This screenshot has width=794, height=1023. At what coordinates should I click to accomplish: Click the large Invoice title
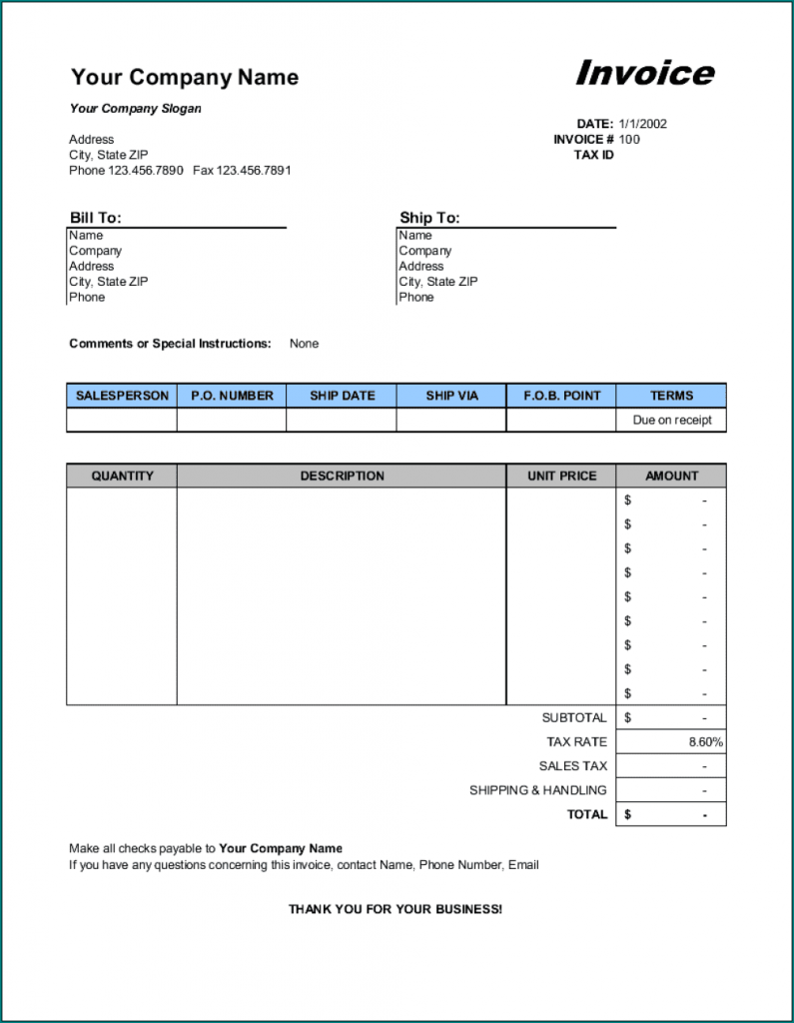coord(644,73)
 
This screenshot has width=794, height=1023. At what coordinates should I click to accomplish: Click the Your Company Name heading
coord(185,77)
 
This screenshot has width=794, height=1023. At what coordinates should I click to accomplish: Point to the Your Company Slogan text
coord(135,108)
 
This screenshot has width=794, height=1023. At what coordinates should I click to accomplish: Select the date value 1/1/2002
coord(642,124)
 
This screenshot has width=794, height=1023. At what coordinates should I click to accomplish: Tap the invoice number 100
coord(629,140)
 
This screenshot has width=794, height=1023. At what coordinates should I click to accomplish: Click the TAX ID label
coord(593,155)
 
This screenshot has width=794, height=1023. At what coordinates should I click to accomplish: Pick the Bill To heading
coord(95,218)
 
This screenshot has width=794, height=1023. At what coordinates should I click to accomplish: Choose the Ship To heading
coord(429,218)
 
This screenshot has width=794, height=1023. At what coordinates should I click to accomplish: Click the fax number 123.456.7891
coord(255,171)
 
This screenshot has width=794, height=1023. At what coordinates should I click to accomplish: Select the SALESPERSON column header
coord(122,396)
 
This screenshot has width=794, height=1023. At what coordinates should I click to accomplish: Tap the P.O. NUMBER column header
coord(232,396)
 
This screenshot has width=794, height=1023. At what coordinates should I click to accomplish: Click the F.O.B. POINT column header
coord(561,396)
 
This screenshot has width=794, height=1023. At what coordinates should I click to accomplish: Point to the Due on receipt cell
coord(672,421)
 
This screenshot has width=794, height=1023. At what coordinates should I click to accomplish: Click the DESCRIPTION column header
coord(342,477)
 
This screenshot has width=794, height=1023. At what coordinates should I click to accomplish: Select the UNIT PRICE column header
coord(561,477)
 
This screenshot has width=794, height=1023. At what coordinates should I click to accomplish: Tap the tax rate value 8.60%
coord(705,742)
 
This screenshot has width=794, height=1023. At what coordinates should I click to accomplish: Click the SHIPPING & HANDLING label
coord(537,790)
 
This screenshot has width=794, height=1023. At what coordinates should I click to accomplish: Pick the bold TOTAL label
coord(587,814)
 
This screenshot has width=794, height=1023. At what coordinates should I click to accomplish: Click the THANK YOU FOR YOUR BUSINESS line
coord(396,909)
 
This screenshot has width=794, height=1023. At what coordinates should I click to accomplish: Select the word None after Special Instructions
coord(304,344)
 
